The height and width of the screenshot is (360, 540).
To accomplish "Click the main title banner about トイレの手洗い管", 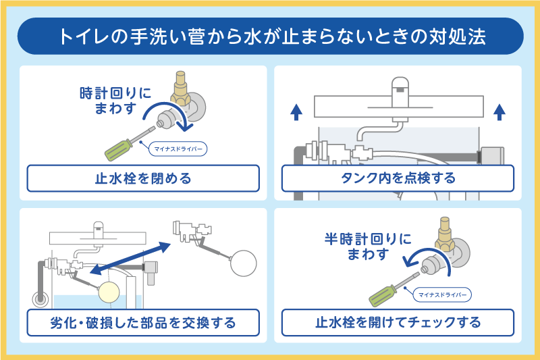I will [x=270, y=36].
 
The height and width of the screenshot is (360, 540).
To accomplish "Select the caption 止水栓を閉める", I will [x=143, y=179].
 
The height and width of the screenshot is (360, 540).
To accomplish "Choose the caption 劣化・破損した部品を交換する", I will [x=143, y=322].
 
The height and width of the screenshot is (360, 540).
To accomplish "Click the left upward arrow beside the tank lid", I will [x=296, y=113].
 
